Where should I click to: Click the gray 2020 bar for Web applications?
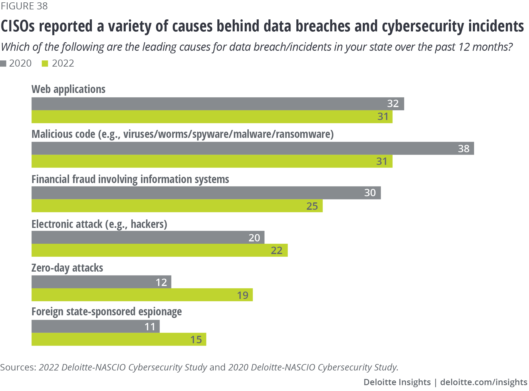(x=217, y=104)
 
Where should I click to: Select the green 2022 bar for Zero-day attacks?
(x=142, y=295)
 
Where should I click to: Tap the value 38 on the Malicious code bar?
(x=463, y=149)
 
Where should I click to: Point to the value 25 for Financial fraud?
(x=312, y=206)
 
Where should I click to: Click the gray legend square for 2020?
(x=4, y=63)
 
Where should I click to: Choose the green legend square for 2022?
(x=45, y=63)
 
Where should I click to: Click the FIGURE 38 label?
(x=24, y=6)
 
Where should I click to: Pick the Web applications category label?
(x=68, y=89)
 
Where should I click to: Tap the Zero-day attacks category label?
(x=67, y=268)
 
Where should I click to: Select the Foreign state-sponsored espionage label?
(x=107, y=312)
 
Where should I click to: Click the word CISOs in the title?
(x=18, y=26)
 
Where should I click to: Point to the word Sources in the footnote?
(x=18, y=367)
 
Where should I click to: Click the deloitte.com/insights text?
(x=483, y=382)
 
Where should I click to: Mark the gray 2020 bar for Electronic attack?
(x=148, y=237)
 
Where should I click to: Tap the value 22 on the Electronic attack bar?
(x=276, y=250)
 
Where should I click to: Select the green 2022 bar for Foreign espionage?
(x=119, y=339)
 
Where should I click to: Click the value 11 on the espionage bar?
(x=150, y=327)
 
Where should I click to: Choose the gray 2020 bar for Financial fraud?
(x=206, y=193)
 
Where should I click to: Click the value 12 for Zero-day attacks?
(x=161, y=282)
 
